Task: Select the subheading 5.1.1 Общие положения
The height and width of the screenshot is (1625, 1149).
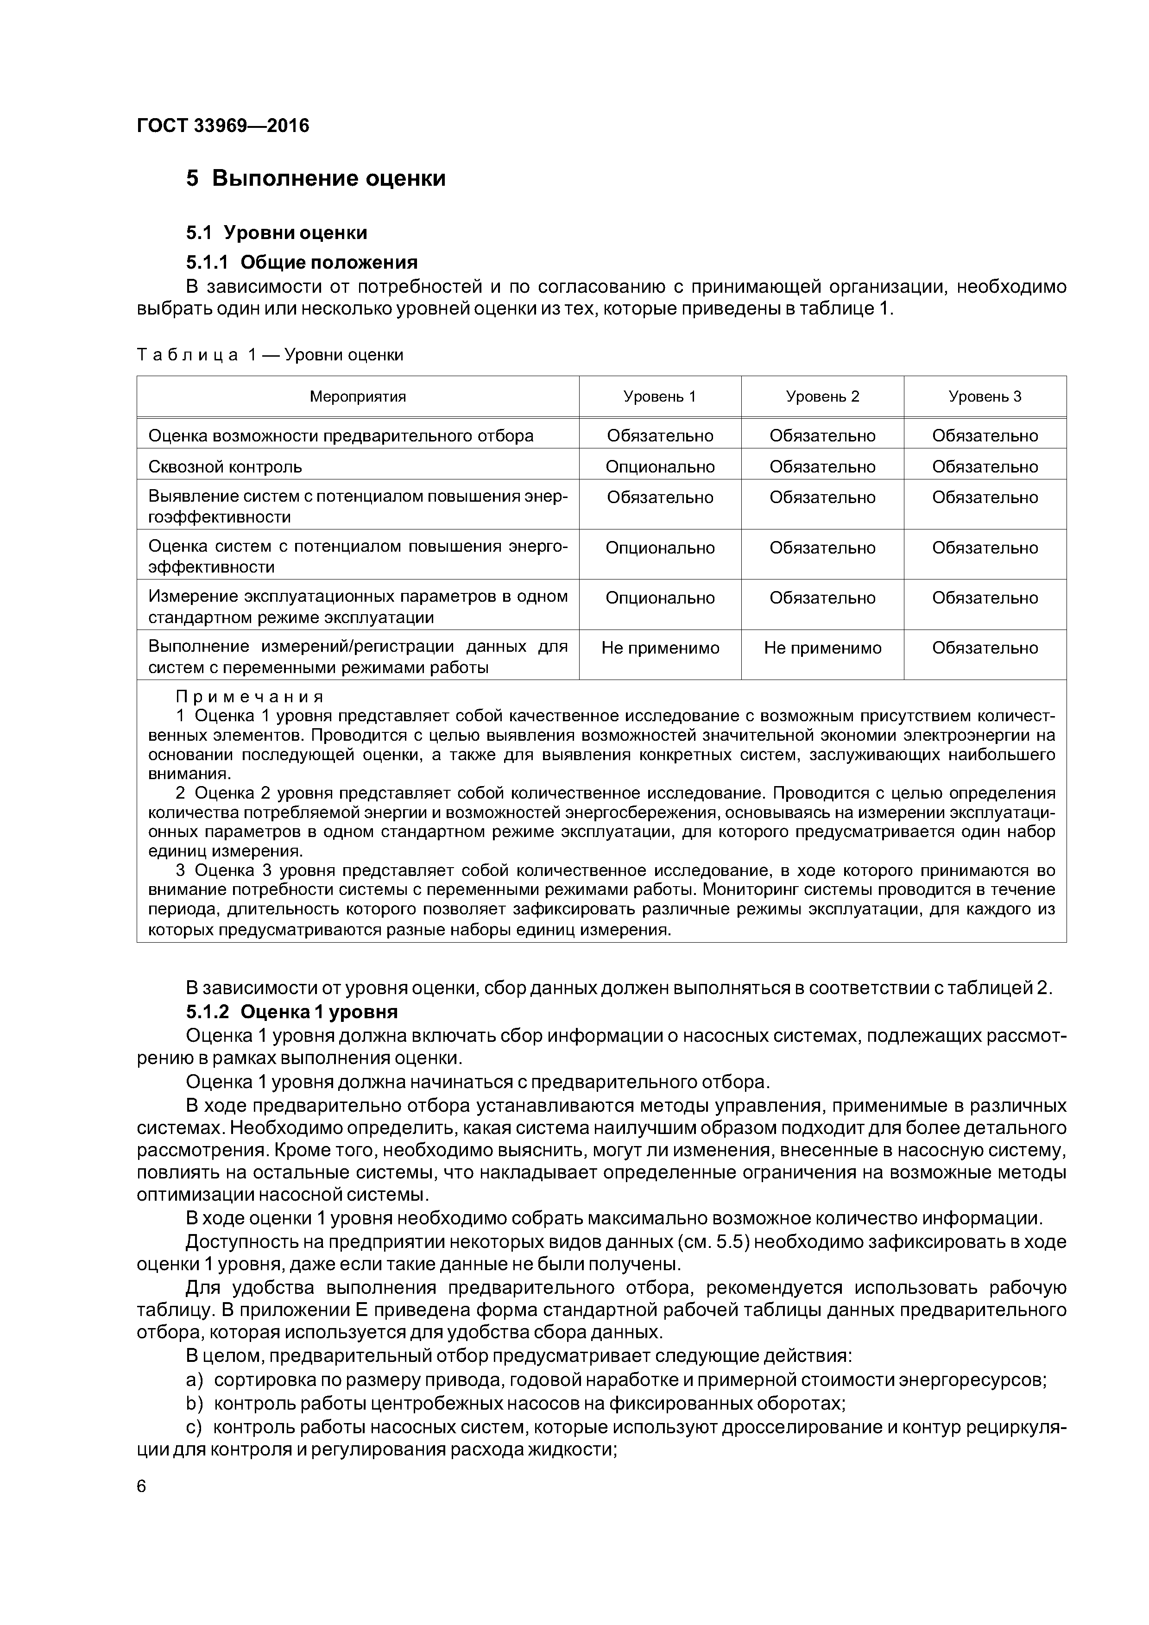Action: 302,263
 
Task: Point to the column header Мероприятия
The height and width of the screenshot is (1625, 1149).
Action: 358,397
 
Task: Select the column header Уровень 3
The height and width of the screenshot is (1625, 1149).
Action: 985,397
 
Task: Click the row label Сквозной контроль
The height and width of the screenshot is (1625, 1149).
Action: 225,467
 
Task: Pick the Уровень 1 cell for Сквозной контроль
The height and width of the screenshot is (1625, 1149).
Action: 660,467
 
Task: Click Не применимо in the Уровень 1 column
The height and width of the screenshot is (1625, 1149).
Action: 660,649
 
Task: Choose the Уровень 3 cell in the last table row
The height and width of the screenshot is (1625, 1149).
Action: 985,649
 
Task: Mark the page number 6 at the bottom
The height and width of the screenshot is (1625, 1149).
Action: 142,1486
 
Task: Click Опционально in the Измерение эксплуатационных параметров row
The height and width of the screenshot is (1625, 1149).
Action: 660,598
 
